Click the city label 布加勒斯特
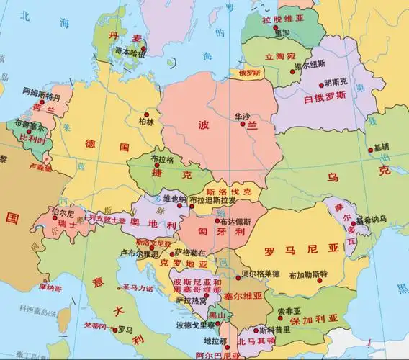(307, 274)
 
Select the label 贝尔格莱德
(260, 274)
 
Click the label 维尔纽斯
(308, 66)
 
